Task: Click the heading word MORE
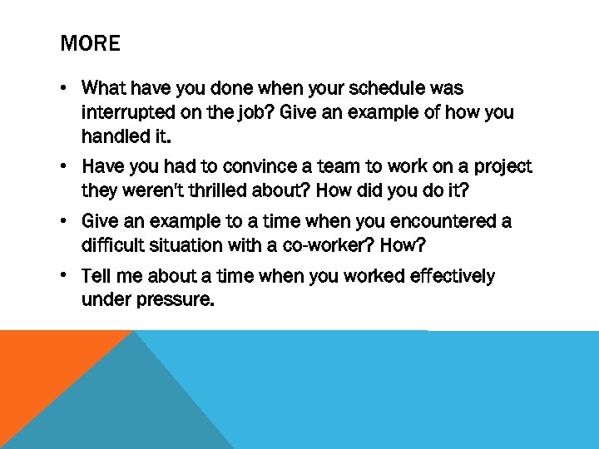90,43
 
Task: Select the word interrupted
124,112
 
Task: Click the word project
502,167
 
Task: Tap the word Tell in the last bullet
96,276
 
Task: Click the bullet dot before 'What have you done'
65,89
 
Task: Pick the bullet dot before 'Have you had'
65,167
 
